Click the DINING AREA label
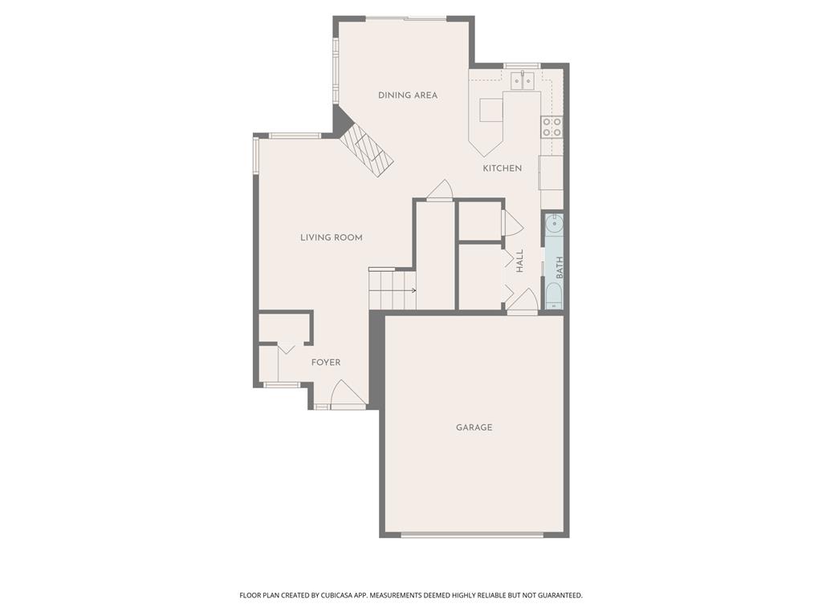point(408,95)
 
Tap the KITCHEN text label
point(502,168)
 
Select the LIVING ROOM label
point(331,237)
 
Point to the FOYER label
point(326,363)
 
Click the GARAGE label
point(474,428)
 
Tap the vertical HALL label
point(519,261)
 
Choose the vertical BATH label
point(560,267)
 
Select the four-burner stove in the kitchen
point(551,127)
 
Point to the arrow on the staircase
point(412,290)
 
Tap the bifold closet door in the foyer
point(287,348)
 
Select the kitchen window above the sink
point(522,65)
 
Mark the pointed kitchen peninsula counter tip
point(486,152)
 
